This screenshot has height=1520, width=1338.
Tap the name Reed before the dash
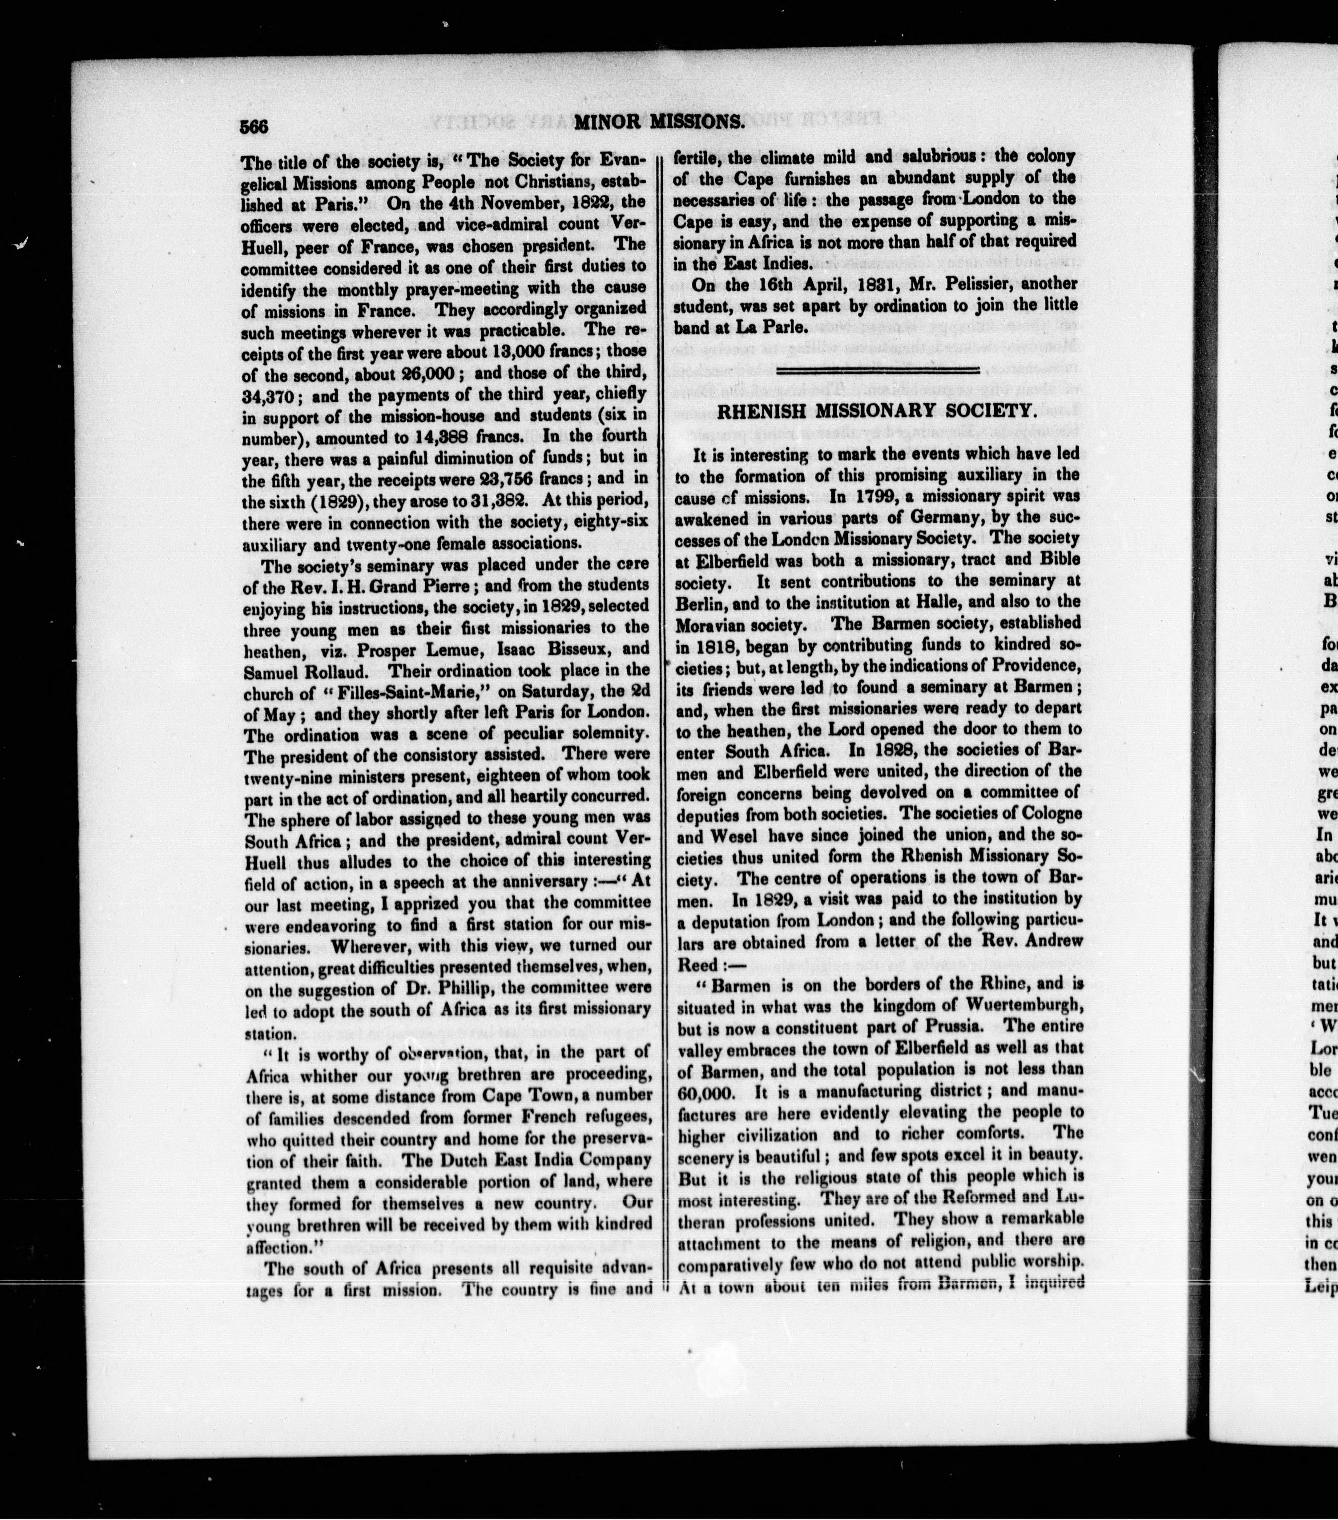(x=697, y=964)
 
